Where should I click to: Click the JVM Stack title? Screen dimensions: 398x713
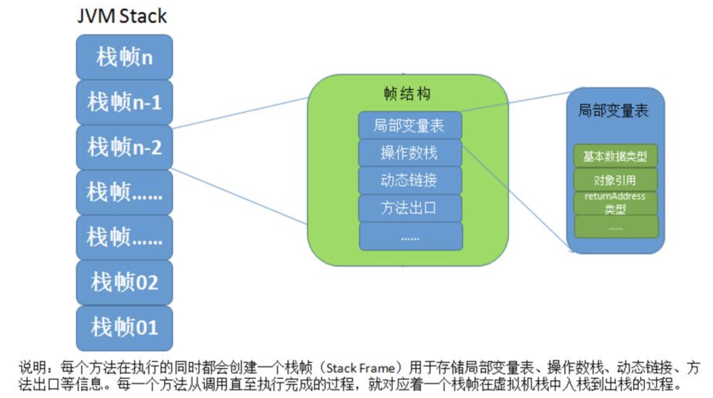point(122,16)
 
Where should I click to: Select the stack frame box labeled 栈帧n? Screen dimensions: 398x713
point(124,57)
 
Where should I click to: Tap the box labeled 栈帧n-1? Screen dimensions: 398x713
point(124,102)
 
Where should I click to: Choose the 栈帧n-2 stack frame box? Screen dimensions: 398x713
point(124,147)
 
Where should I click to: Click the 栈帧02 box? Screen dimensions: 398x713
point(124,283)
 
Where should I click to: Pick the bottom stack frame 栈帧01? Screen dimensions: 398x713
point(124,328)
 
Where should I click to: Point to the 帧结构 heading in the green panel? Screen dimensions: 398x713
point(407,94)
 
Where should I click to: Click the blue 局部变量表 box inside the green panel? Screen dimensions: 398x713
point(410,125)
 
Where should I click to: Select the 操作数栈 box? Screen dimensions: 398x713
point(410,153)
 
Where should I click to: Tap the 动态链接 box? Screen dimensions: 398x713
point(410,180)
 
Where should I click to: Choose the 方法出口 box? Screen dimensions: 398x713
point(410,208)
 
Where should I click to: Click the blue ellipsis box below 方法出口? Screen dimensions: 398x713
point(411,237)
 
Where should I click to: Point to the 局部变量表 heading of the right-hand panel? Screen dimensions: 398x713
point(613,111)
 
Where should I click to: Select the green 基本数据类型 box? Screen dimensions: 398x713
point(615,156)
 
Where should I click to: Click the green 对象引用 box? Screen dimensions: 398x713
point(615,180)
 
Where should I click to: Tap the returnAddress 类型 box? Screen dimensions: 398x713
point(615,203)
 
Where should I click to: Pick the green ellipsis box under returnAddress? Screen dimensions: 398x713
point(616,227)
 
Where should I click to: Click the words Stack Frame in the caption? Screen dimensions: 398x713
point(360,368)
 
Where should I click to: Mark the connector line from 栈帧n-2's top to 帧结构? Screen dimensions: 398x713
point(240,113)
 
